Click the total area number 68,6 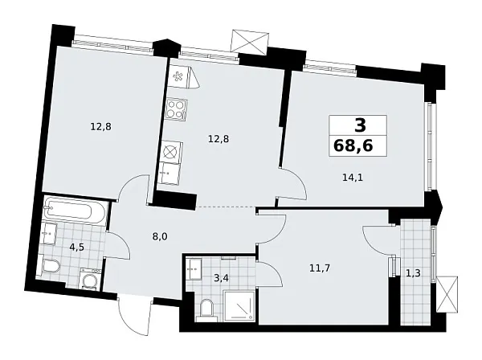tap(358, 146)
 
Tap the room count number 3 tap(359, 125)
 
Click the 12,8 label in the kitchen tap(219, 139)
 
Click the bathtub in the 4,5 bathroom tap(73, 212)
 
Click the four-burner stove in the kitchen tap(176, 109)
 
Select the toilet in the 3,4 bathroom tap(207, 309)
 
